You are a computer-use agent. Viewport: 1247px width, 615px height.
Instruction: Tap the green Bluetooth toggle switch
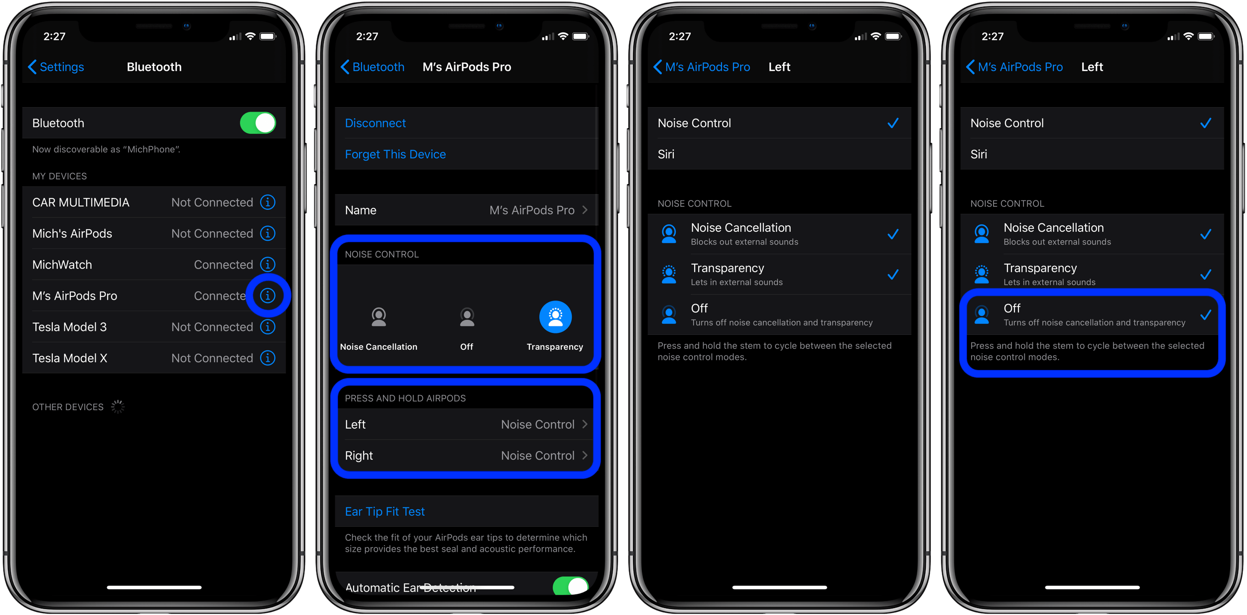[x=257, y=123]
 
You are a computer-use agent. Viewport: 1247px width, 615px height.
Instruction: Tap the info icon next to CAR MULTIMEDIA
[x=268, y=202]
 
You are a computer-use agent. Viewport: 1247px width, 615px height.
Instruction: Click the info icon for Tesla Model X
[x=268, y=358]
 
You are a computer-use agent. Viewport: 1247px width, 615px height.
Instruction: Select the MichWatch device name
[x=62, y=265]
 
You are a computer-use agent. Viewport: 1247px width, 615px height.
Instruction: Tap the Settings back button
[x=56, y=67]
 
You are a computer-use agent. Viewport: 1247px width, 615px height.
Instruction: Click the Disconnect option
[x=375, y=123]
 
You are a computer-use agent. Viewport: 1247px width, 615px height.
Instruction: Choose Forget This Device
[x=395, y=154]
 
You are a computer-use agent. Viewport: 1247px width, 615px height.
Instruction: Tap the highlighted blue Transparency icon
[x=555, y=316]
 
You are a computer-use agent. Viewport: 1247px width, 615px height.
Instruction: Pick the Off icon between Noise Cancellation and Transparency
[x=467, y=317]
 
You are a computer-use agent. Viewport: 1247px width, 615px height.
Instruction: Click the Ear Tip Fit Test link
[x=385, y=512]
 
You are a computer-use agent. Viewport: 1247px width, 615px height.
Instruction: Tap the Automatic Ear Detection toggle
[x=571, y=586]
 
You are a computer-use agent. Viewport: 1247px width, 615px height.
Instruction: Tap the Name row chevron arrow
[x=585, y=210]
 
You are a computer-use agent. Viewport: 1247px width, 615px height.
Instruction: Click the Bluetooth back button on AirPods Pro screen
[x=373, y=67]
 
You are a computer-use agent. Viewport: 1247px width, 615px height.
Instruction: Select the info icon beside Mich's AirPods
[x=268, y=233]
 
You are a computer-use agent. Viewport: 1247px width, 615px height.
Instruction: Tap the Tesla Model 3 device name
[x=70, y=327]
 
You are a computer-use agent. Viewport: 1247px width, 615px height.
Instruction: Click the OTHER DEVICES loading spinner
[x=118, y=407]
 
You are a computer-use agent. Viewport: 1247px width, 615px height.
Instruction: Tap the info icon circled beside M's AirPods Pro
[x=268, y=296]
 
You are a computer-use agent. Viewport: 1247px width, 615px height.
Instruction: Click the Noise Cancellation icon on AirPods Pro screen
[x=379, y=317]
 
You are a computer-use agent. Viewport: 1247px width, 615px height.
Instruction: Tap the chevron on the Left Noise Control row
[x=585, y=424]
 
